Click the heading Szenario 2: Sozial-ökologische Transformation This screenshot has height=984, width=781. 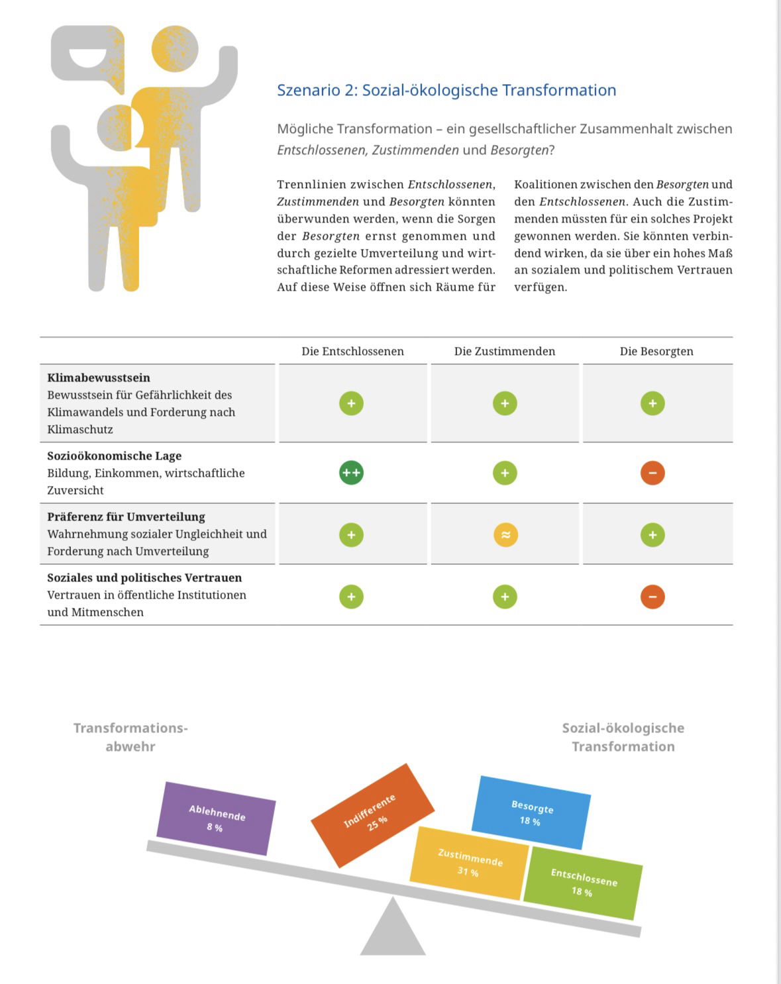[x=446, y=90]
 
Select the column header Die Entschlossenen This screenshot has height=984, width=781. [x=352, y=351]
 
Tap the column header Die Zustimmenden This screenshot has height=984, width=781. [x=504, y=351]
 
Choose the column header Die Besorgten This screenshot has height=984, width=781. [x=656, y=351]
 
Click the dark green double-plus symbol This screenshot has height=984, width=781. [x=351, y=473]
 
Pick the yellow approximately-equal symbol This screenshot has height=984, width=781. [x=505, y=535]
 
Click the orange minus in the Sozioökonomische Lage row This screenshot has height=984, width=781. [x=652, y=473]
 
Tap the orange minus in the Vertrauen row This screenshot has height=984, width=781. [x=652, y=597]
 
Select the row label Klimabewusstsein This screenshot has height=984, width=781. [x=99, y=377]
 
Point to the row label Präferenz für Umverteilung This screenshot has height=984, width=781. [x=126, y=517]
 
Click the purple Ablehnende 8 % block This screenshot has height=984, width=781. [x=216, y=818]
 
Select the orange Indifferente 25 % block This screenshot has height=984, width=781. [x=372, y=815]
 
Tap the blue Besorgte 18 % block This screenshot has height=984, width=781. [x=531, y=812]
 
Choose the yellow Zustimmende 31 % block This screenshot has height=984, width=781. [x=469, y=863]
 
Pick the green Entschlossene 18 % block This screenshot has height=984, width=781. [x=583, y=883]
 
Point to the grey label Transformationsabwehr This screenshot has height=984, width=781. [x=130, y=737]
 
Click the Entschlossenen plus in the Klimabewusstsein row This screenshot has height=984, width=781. [x=351, y=403]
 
